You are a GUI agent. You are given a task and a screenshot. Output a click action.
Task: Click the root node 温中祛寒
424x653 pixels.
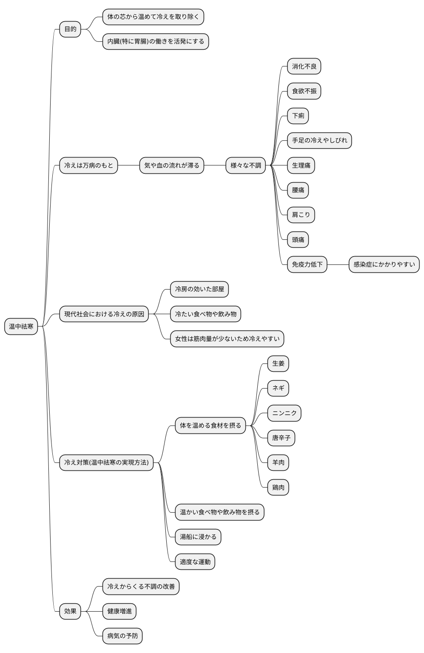pyautogui.click(x=21, y=326)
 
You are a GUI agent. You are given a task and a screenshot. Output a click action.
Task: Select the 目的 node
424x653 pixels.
pyautogui.click(x=70, y=29)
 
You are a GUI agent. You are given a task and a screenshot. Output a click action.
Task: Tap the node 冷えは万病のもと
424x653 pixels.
pyautogui.click(x=88, y=165)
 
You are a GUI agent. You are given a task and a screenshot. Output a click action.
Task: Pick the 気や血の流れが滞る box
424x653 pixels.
pyautogui.click(x=172, y=165)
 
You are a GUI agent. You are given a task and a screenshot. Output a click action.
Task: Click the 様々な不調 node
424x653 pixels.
pyautogui.click(x=246, y=165)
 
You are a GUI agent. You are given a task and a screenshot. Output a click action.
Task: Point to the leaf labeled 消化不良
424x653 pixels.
pyautogui.click(x=304, y=66)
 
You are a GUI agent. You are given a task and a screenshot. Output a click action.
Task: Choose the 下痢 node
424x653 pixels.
pyautogui.click(x=298, y=116)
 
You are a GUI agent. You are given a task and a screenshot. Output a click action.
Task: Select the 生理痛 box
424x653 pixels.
pyautogui.click(x=301, y=165)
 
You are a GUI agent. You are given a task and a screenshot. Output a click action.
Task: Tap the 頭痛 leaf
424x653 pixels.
pyautogui.click(x=298, y=240)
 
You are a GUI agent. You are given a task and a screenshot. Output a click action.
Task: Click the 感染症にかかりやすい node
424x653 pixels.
pyautogui.click(x=384, y=264)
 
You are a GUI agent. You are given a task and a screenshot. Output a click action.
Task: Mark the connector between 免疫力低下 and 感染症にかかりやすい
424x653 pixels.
pyautogui.click(x=338, y=264)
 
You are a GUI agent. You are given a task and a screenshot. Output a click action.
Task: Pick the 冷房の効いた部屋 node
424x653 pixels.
pyautogui.click(x=199, y=289)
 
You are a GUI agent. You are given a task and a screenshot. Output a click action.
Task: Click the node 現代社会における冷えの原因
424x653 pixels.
pyautogui.click(x=104, y=314)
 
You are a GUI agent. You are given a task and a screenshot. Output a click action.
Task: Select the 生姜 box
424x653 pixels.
pyautogui.click(x=278, y=363)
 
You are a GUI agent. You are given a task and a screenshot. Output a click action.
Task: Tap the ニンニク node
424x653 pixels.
pyautogui.click(x=284, y=413)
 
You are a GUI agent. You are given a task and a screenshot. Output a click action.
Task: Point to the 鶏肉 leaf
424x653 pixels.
pyautogui.click(x=278, y=488)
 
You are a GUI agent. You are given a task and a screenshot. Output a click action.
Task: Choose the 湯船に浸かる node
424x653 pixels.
pyautogui.click(x=198, y=537)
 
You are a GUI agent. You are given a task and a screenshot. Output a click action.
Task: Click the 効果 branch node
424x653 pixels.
pyautogui.click(x=70, y=611)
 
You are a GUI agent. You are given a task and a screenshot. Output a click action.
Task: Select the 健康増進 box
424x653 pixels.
pyautogui.click(x=119, y=611)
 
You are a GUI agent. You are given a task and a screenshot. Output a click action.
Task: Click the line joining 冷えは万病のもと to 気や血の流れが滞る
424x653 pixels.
pyautogui.click(x=128, y=165)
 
